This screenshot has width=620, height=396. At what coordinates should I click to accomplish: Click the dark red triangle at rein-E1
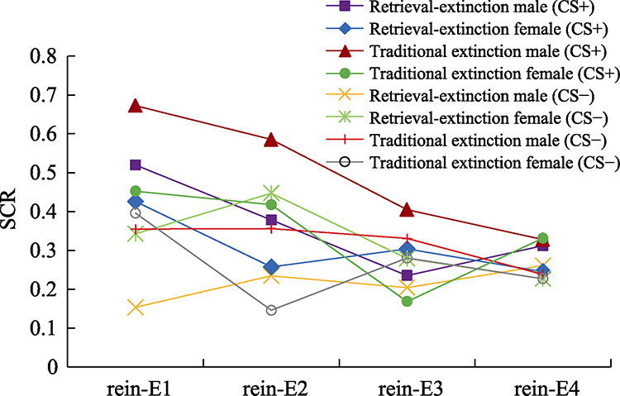point(136,106)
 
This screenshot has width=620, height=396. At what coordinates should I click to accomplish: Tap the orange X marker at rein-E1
point(136,308)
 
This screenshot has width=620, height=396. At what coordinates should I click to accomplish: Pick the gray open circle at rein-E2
point(270,310)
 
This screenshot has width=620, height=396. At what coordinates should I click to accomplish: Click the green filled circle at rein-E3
point(406,301)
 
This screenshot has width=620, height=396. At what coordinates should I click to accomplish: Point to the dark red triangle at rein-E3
point(406,210)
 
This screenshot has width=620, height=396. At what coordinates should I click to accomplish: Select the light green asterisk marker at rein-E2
point(270,193)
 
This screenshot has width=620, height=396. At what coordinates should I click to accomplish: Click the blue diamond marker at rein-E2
point(270,267)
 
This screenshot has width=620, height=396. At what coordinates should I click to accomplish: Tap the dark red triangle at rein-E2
point(270,140)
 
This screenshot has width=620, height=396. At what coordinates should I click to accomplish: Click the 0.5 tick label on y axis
point(46,174)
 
